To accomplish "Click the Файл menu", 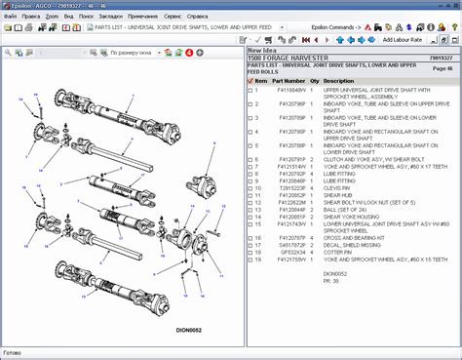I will tap(11, 17).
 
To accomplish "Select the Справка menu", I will tap(200, 17).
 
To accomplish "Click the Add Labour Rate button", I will tap(400, 40).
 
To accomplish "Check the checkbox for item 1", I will tap(249, 90).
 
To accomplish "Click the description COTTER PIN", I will tap(340, 252).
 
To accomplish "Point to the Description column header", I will tap(339, 81).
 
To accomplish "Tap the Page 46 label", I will tap(442, 69).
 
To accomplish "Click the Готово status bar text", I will tap(13, 353).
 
